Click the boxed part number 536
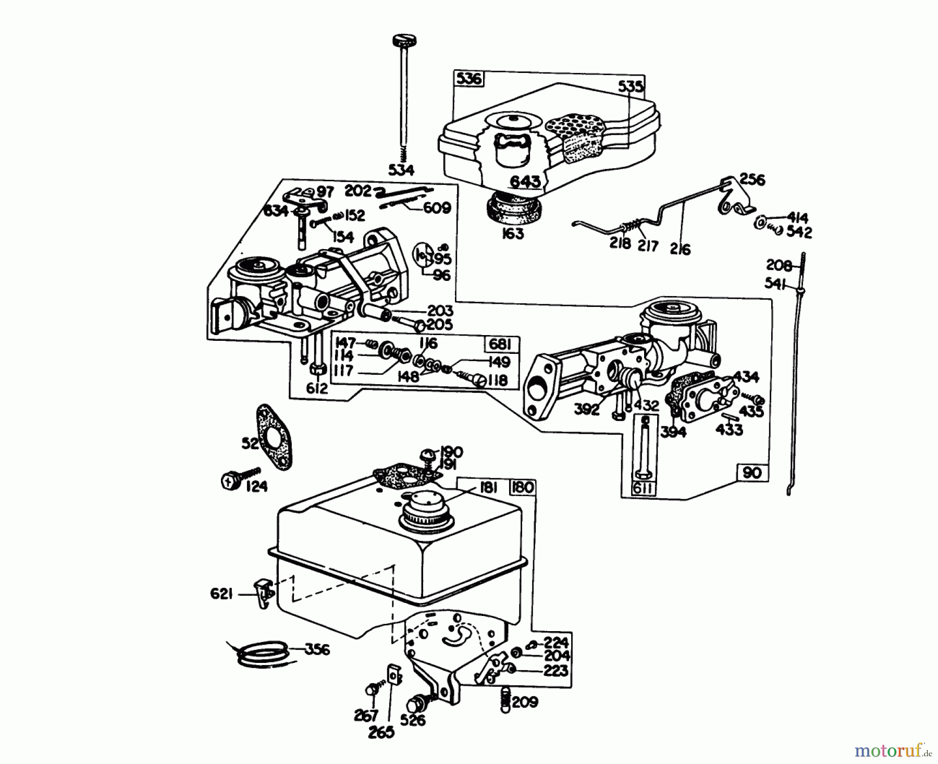468,79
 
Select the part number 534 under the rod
401,170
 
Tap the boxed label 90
752,472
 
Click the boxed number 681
501,344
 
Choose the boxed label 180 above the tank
522,487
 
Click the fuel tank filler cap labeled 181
425,509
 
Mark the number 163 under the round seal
513,234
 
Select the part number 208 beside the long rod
779,265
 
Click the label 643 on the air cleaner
525,181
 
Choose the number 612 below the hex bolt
317,388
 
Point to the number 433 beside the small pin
729,430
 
